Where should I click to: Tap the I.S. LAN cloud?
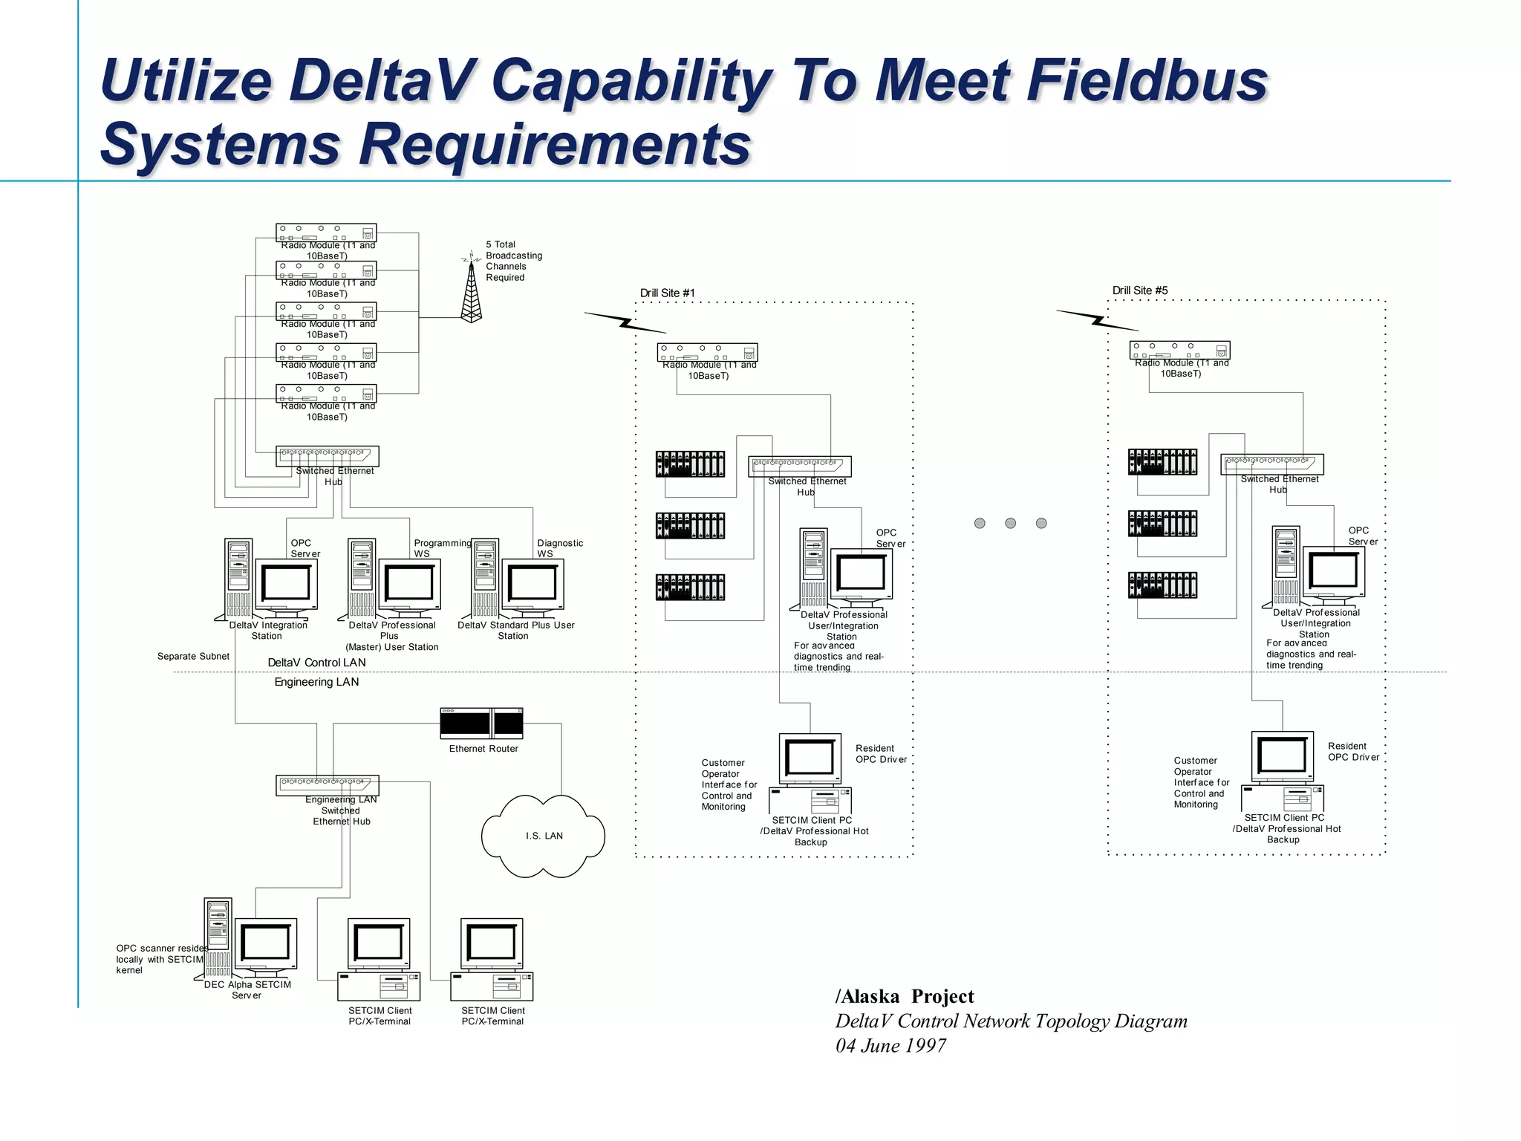(x=544, y=836)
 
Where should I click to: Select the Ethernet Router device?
(x=481, y=724)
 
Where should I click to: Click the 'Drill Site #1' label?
(x=667, y=293)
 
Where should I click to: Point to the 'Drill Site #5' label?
(x=1139, y=290)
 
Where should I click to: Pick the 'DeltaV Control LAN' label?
(x=316, y=663)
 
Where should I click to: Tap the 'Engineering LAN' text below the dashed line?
(x=316, y=682)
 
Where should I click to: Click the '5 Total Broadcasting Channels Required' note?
(x=513, y=261)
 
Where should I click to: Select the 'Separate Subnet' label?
(x=193, y=656)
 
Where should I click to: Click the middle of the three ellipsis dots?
(x=1010, y=523)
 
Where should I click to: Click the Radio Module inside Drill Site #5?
(x=1179, y=350)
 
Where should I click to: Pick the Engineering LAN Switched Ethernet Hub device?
(x=328, y=784)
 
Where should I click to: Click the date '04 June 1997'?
(x=890, y=1046)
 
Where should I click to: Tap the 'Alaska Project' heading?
(x=905, y=996)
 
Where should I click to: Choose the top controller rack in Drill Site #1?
(x=690, y=464)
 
